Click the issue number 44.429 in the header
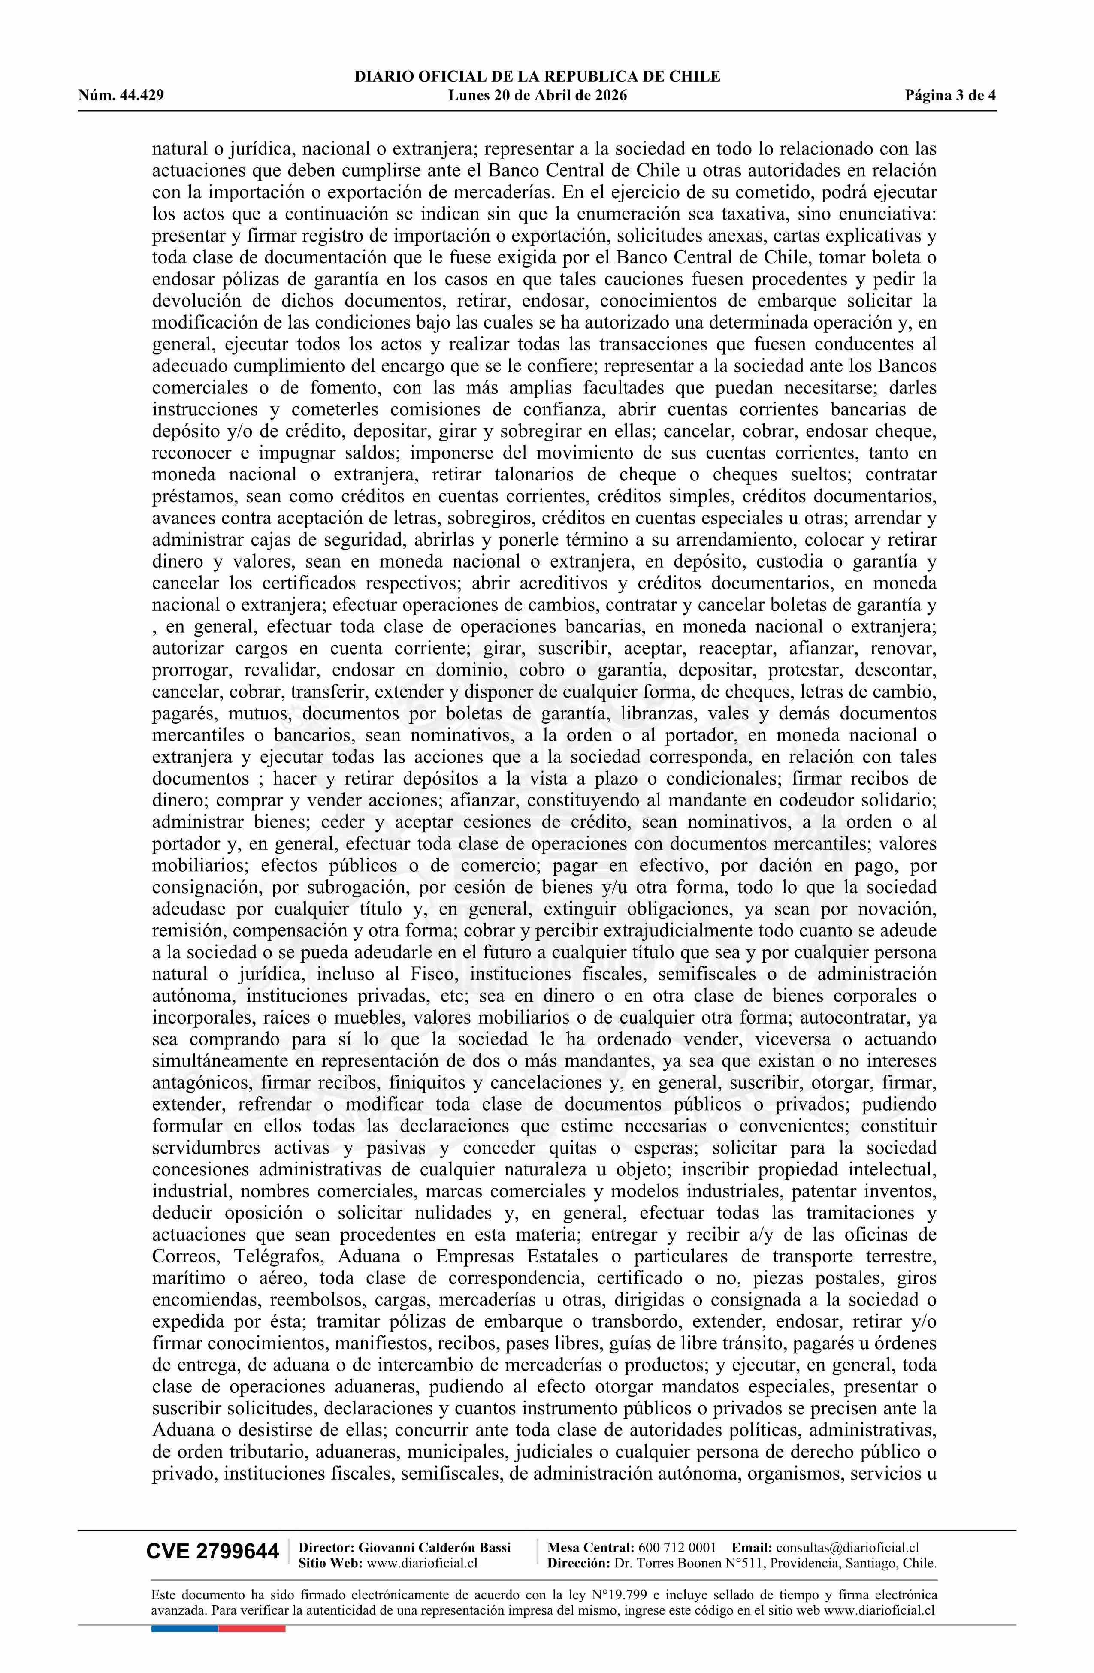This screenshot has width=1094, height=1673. coord(142,96)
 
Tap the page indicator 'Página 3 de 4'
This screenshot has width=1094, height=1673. coord(951,96)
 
